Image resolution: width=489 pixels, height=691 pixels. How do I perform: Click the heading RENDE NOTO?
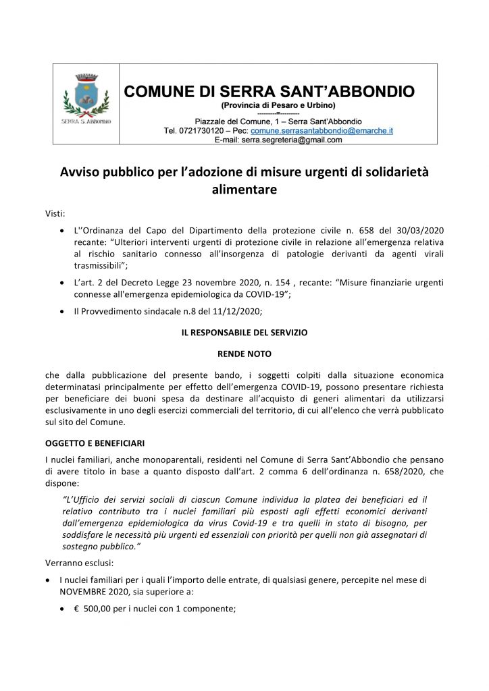pos(244,352)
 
